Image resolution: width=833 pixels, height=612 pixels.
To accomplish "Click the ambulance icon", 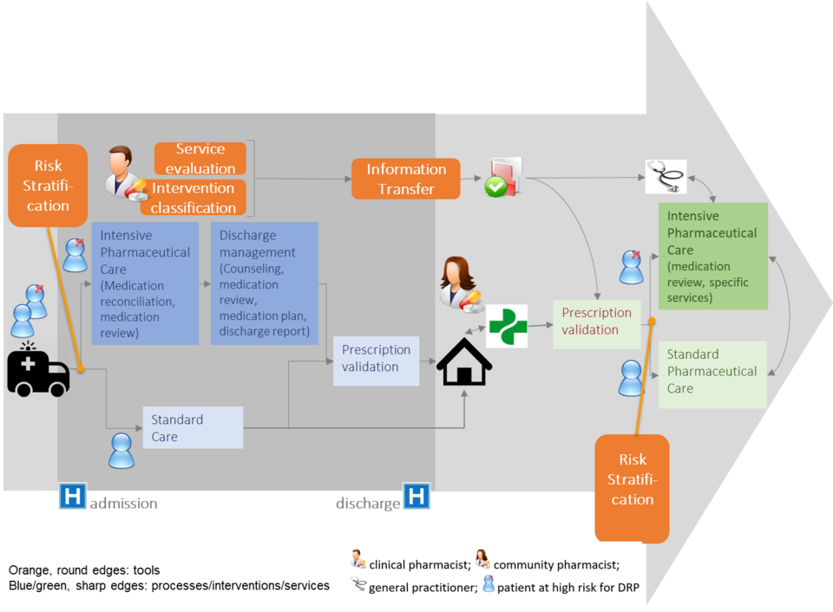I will click(x=38, y=371).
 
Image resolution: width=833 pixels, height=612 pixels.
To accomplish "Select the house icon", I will click(x=464, y=362).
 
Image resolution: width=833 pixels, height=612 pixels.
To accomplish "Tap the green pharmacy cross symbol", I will click(x=508, y=326).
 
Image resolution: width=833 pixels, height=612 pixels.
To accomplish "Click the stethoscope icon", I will click(x=666, y=177).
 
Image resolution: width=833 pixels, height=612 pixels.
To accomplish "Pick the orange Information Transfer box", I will click(x=405, y=179).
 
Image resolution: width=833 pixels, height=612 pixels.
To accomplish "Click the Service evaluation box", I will click(x=200, y=159).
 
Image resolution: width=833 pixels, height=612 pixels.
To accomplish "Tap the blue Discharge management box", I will click(x=264, y=283).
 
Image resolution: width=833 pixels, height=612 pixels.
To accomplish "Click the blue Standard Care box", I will click(x=193, y=428).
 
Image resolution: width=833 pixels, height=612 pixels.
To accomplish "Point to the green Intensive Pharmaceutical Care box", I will click(x=712, y=256).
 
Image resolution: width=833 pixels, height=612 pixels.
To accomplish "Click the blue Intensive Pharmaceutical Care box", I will click(x=145, y=283).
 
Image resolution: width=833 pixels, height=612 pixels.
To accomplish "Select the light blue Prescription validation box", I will click(x=376, y=359).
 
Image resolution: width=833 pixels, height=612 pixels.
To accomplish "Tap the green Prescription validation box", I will click(x=596, y=322).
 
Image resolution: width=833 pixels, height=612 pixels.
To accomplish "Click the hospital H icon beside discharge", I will click(x=416, y=497).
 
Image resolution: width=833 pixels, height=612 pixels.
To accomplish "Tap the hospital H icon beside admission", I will click(x=72, y=497).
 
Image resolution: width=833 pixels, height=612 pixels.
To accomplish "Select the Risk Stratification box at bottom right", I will click(x=632, y=485).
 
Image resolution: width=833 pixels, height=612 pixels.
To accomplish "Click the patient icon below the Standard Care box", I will click(x=121, y=451).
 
